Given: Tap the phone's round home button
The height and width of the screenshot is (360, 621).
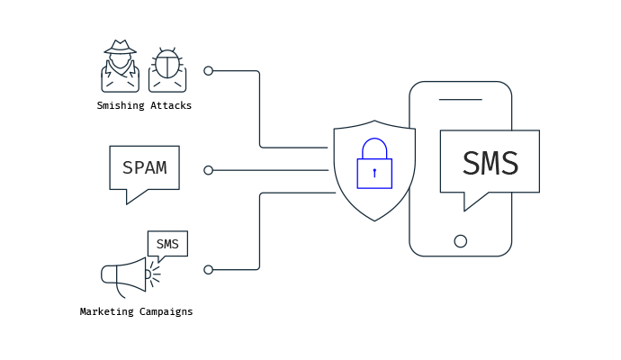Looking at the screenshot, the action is coord(460,241).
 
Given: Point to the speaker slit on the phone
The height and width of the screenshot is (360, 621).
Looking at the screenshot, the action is coord(460,99).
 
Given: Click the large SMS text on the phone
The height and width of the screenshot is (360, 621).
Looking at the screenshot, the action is coord(490,163).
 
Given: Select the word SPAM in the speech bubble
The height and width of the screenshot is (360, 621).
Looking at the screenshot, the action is coord(145,167).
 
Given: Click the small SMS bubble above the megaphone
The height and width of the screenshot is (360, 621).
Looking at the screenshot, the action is coord(167,246).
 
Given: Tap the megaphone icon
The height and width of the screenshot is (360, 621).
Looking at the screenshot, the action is coord(130,277).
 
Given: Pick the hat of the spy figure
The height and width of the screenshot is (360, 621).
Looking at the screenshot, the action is coord(120,47).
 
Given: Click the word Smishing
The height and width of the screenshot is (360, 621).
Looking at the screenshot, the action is coord(121,105).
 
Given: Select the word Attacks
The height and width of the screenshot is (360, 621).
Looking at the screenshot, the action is coord(171,105).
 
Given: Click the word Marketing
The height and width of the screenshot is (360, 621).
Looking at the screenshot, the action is coord(106,311).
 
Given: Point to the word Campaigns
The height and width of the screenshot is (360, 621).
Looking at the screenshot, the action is coord(166,311).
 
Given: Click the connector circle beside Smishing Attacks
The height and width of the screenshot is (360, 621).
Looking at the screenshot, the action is coord(208,71).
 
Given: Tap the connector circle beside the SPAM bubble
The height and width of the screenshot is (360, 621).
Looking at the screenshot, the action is coord(208,170).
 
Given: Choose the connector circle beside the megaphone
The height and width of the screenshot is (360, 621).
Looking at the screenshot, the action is coord(208,270).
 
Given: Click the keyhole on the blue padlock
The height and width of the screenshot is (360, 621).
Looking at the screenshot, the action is coord(374,173).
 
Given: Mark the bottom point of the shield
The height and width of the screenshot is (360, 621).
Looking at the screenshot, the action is coord(374,221).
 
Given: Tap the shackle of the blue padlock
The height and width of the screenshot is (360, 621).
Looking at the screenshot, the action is coord(374,139).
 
